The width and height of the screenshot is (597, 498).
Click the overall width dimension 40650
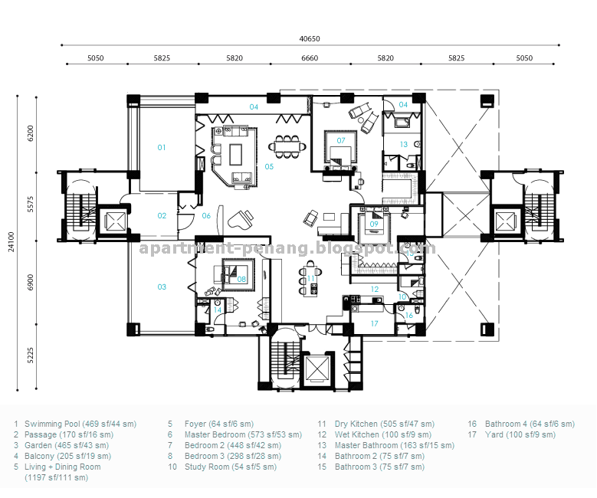point(310,39)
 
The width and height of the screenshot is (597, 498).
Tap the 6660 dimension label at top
point(310,58)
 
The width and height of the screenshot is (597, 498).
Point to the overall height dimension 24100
point(11,242)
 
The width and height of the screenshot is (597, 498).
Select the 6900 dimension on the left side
point(31,282)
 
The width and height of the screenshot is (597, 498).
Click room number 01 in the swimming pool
point(162,148)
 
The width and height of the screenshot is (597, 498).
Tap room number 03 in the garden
point(162,287)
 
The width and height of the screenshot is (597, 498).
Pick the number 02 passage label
point(162,216)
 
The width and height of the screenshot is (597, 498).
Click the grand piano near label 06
point(241,219)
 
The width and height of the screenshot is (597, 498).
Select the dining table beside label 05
point(287,146)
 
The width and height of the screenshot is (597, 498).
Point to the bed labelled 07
point(340,149)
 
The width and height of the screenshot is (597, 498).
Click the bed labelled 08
point(238,275)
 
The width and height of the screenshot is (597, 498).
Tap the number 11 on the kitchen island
point(310,279)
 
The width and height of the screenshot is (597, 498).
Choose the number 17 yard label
point(374,323)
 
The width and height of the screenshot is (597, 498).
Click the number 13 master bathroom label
point(404,145)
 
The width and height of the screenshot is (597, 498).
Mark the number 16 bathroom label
point(409,315)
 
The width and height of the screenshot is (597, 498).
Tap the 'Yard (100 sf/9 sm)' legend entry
point(520,435)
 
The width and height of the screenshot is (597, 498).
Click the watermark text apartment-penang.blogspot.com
point(287,249)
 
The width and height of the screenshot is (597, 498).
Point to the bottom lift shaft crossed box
point(317,369)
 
